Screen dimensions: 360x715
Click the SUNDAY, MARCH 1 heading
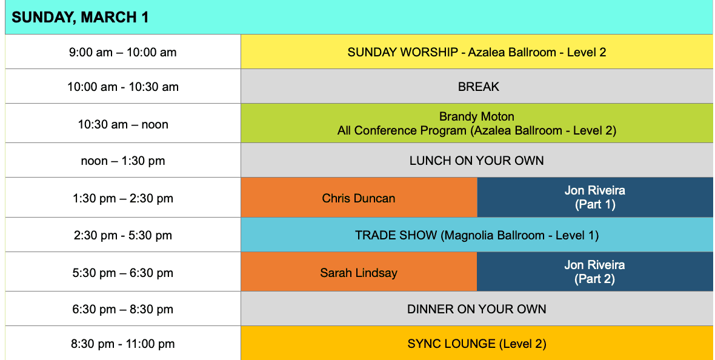point(80,18)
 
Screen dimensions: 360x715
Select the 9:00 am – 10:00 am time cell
point(123,52)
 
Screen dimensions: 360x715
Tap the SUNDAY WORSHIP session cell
point(476,52)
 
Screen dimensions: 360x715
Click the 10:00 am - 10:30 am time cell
point(123,87)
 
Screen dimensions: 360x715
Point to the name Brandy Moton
point(476,116)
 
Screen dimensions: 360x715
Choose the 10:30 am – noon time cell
point(123,124)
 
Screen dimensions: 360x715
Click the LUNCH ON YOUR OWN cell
point(476,161)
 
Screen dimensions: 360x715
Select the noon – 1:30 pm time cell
point(123,161)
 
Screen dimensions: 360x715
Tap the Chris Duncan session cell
point(359,198)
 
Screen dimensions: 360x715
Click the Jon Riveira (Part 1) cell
point(594,198)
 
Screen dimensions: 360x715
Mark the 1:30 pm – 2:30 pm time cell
point(123,198)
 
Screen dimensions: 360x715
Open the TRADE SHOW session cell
point(476,235)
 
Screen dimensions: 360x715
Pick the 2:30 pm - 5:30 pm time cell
point(123,235)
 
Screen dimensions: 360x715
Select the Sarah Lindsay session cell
point(359,273)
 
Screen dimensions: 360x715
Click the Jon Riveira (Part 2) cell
point(594,272)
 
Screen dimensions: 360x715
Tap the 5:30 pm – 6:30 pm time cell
point(123,273)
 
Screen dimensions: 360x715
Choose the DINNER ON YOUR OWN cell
point(476,309)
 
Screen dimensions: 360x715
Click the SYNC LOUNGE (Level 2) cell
point(476,344)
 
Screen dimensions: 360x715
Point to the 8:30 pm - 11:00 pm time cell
point(123,344)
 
